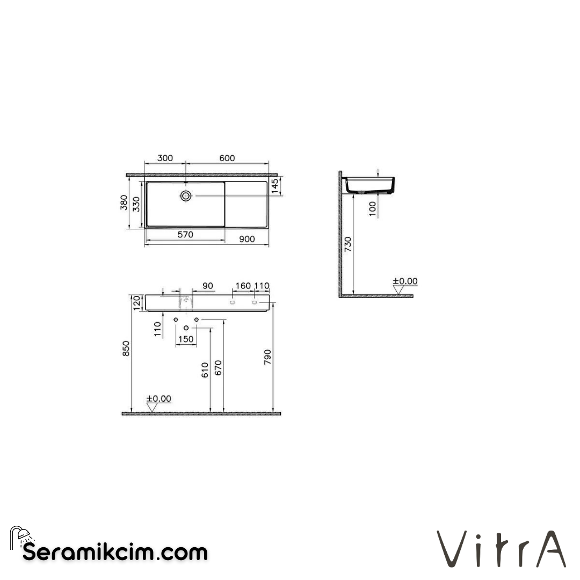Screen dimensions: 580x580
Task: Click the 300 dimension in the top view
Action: (x=165, y=158)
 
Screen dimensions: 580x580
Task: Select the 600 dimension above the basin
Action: (x=227, y=158)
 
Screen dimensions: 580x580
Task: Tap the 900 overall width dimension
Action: (x=247, y=240)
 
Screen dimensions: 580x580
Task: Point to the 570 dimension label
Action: (x=185, y=235)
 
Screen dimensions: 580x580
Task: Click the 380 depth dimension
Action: (x=124, y=203)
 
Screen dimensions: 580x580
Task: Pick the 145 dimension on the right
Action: (x=275, y=186)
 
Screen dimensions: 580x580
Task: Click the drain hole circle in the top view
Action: (x=186, y=196)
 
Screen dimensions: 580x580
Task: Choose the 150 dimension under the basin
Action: (x=186, y=339)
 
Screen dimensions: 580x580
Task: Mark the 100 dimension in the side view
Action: (x=373, y=208)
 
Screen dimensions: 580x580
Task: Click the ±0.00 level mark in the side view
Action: (x=405, y=281)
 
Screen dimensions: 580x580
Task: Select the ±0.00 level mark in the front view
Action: (x=158, y=398)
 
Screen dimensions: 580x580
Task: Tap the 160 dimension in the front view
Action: (x=243, y=286)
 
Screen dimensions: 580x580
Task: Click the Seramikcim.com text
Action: (x=115, y=552)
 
